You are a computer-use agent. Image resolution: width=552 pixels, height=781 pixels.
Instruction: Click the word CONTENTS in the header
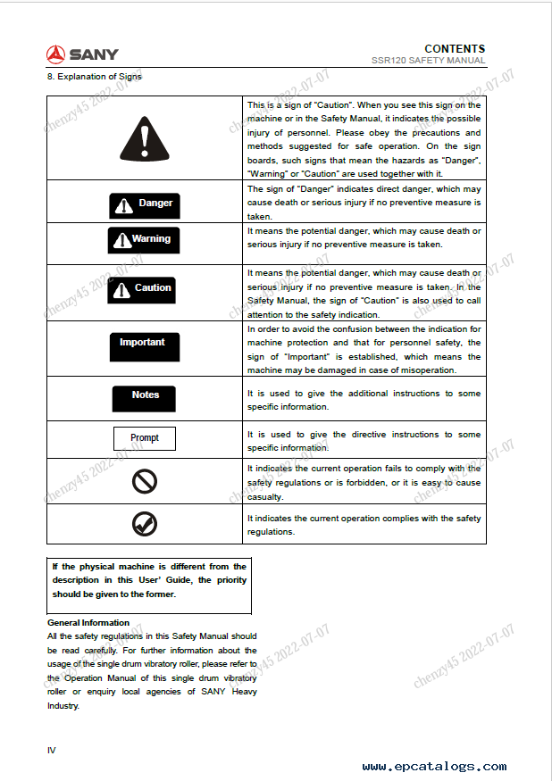coord(455,49)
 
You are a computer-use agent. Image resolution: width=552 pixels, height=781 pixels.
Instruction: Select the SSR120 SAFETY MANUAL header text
coord(429,61)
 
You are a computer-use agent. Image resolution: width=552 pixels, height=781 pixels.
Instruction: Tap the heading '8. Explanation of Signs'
coord(94,76)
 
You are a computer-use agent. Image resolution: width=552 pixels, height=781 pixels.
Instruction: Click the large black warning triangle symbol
coord(144,137)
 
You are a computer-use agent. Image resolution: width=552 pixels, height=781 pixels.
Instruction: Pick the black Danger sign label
coord(144,204)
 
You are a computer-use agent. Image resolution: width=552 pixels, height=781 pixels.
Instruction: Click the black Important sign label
coord(143,343)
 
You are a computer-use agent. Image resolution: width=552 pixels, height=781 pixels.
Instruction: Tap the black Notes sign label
coord(144,396)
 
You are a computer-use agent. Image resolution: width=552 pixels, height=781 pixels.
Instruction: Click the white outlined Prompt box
coord(144,438)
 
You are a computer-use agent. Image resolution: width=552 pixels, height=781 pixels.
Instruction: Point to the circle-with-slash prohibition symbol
coord(144,482)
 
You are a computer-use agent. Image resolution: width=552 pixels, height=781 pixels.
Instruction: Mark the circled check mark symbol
coord(144,524)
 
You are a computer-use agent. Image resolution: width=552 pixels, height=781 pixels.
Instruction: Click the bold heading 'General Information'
coord(88,623)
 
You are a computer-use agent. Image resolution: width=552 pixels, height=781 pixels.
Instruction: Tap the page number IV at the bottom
coord(52,750)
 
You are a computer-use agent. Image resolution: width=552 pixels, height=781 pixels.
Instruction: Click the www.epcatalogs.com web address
coord(434,767)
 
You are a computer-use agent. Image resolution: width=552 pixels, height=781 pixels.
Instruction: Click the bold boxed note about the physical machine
coord(149,580)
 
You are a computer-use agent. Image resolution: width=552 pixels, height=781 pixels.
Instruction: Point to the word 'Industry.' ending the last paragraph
coord(63,706)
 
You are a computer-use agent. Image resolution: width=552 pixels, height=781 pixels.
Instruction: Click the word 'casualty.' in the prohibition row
coord(265,497)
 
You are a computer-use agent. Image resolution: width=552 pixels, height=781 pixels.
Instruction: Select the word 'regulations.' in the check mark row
coord(271,532)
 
